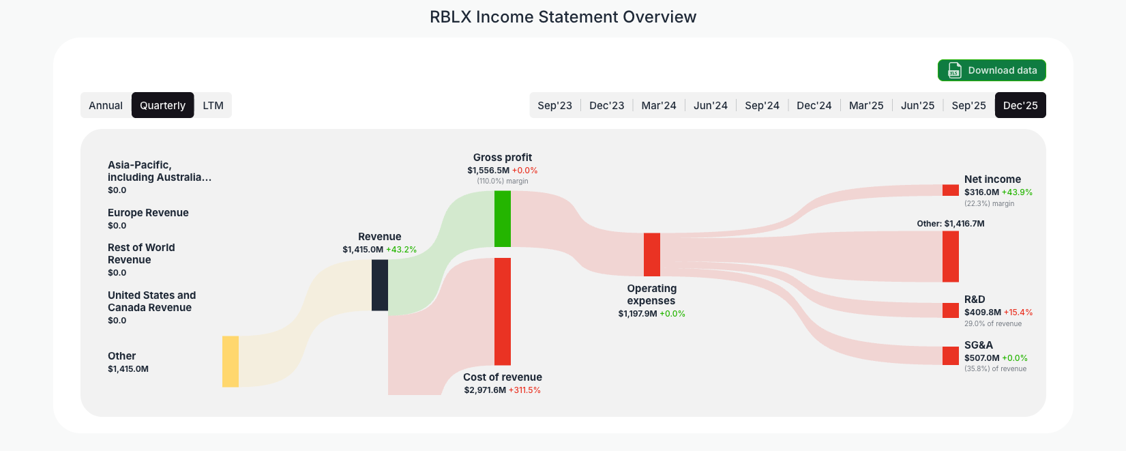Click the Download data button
(x=992, y=70)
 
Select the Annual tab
(x=106, y=105)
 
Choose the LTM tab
(x=213, y=105)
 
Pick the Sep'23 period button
(x=554, y=105)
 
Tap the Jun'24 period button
(x=710, y=105)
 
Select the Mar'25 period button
(x=865, y=105)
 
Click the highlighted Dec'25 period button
(x=1020, y=105)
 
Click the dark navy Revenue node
(x=380, y=285)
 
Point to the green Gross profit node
(x=503, y=218)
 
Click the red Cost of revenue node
(x=503, y=311)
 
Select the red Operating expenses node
(x=652, y=254)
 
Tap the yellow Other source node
(x=231, y=361)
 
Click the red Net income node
(x=951, y=190)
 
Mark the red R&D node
(x=951, y=310)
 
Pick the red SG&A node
(x=951, y=355)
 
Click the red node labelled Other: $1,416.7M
(x=951, y=257)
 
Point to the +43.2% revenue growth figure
(x=401, y=250)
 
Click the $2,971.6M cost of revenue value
(x=485, y=390)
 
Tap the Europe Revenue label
(x=148, y=213)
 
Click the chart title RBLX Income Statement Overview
(x=563, y=17)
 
